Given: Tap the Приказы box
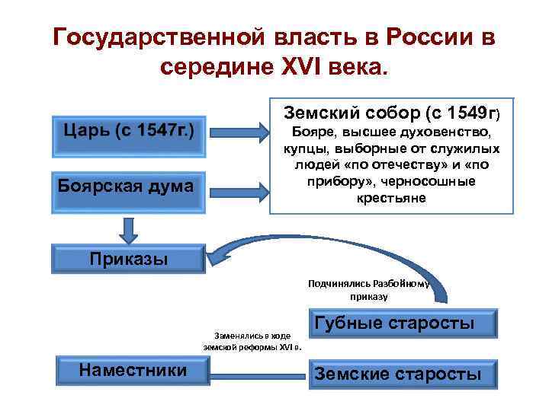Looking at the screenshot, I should [x=128, y=258].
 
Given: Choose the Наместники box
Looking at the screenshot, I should [x=133, y=370].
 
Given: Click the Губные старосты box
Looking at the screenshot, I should [x=404, y=323].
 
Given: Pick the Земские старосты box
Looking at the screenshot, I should [x=404, y=373].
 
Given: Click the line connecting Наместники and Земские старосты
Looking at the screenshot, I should [x=259, y=373].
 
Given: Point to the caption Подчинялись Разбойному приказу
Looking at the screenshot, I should [x=369, y=290].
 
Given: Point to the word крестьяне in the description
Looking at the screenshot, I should [x=392, y=197].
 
